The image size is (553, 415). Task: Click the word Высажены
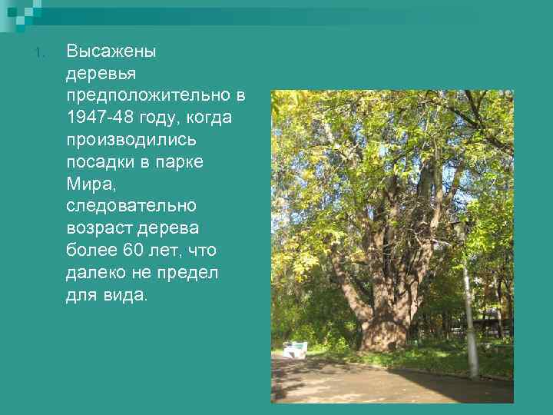pos(111,52)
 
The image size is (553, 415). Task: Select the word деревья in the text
pos(101,75)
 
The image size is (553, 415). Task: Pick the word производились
pos(131,141)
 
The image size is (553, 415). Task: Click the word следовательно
pos(131,207)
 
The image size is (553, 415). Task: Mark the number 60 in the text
pos(133,251)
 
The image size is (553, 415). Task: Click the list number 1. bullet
pos(41,53)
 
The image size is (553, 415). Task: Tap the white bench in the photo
pos(295,349)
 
